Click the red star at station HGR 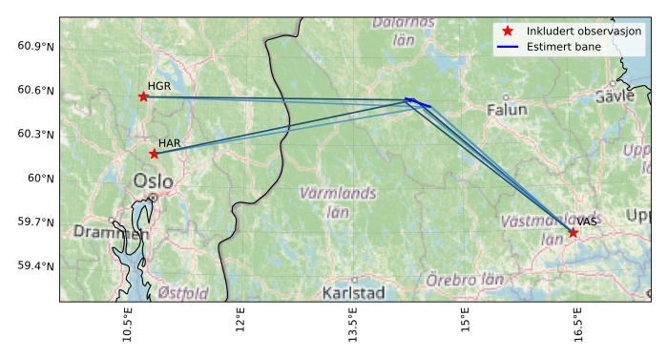143,96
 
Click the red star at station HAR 154,154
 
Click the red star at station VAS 574,233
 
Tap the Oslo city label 153,181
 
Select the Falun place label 507,110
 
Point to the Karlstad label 353,292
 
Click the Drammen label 111,233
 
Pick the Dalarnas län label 403,31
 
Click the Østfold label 183,293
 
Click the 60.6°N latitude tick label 36,91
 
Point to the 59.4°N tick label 36,265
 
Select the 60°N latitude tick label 41,178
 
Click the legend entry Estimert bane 560,46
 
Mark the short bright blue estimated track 417,102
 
